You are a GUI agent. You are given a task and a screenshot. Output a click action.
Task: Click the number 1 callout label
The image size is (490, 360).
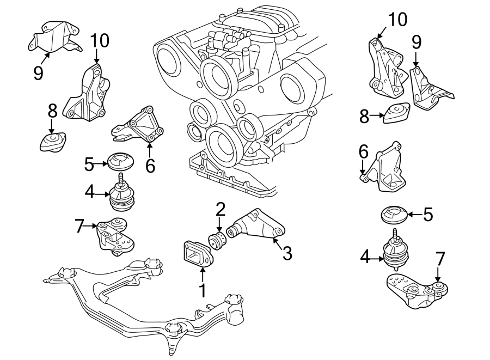[203, 291]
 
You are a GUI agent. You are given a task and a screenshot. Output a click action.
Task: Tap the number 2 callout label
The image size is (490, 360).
[220, 209]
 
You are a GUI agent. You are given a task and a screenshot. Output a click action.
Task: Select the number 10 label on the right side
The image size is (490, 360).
[397, 20]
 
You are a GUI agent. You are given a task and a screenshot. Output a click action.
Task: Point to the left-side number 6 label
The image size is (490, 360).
[150, 165]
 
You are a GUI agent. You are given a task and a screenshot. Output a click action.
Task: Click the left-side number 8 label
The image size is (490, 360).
[52, 111]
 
